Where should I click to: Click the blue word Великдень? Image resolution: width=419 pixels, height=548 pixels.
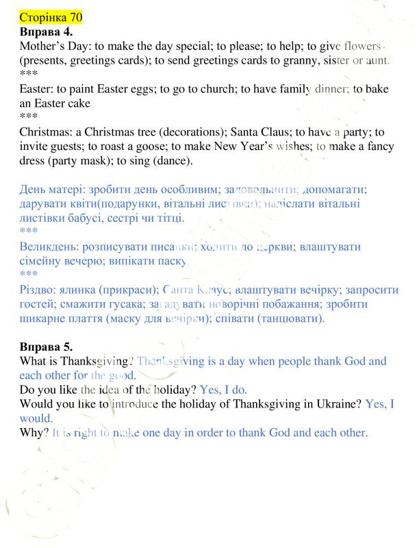coord(47,247)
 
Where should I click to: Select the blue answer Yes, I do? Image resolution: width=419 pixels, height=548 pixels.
coord(223,389)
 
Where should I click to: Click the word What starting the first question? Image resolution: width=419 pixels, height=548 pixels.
coord(35,360)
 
